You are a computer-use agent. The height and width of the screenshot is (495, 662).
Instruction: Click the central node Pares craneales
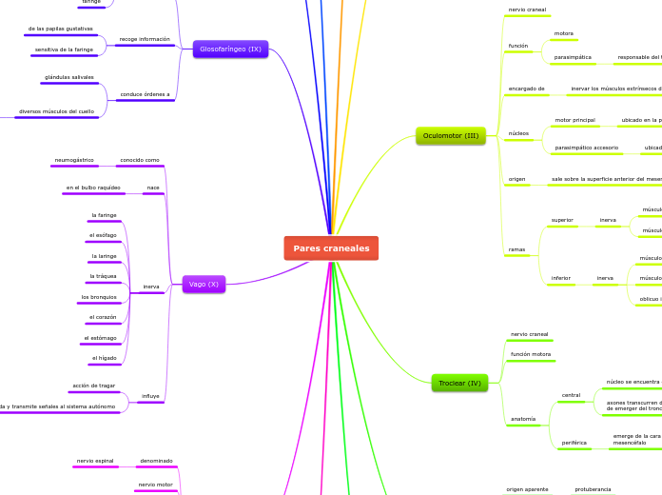click(x=331, y=248)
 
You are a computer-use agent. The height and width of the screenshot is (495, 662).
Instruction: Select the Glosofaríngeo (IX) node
click(x=229, y=49)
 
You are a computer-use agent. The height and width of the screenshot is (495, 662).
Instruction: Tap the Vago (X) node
click(x=204, y=284)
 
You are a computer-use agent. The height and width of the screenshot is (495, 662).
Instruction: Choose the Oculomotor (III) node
click(x=451, y=136)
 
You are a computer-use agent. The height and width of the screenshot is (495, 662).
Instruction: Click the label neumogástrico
click(x=74, y=160)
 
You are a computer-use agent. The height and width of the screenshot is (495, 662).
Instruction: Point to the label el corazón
click(x=103, y=317)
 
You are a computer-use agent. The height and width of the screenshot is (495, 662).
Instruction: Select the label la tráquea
click(x=103, y=276)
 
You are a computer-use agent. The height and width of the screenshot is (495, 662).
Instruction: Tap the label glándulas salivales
click(x=69, y=77)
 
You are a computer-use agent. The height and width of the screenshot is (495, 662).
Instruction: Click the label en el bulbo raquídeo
click(x=93, y=188)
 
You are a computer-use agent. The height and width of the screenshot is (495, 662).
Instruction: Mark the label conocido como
click(x=139, y=160)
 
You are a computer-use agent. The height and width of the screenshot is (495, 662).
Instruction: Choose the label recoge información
click(x=145, y=40)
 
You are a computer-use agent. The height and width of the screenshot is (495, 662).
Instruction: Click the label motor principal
click(x=575, y=120)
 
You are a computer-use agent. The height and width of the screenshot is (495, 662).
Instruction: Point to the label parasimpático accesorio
click(x=587, y=148)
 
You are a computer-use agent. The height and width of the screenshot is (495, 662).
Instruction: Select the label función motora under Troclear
click(x=531, y=354)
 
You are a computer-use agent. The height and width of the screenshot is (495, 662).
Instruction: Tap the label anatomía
click(x=523, y=419)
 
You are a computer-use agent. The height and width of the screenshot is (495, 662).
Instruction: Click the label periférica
click(x=574, y=443)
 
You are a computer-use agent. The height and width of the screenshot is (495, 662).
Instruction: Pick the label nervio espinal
click(x=96, y=461)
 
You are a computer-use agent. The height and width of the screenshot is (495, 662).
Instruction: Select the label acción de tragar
click(x=93, y=386)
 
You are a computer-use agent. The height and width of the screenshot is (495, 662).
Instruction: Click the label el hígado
click(x=104, y=358)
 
